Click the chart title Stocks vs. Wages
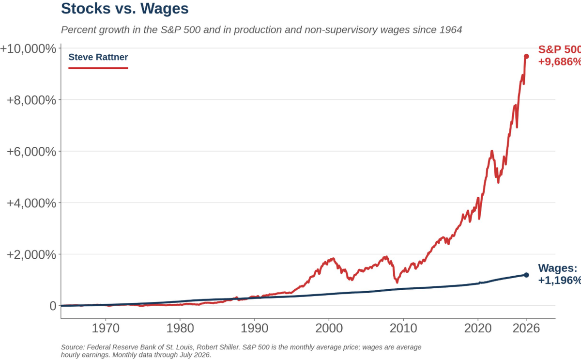(125, 9)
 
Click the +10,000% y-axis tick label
(28, 49)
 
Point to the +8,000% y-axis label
(31, 100)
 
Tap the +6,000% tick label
(31, 152)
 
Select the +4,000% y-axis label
(31, 203)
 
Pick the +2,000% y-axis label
(31, 255)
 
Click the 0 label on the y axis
(53, 306)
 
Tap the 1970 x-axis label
(106, 329)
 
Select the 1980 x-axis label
(180, 329)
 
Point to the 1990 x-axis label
(255, 329)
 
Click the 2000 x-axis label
(329, 329)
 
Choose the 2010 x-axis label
(403, 329)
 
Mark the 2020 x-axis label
(478, 329)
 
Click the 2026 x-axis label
(526, 329)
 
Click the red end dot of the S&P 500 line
(526, 56)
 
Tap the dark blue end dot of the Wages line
(526, 275)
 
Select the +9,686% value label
(560, 62)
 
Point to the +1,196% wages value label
(560, 281)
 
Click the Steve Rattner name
(98, 57)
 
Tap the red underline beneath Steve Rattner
(98, 68)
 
